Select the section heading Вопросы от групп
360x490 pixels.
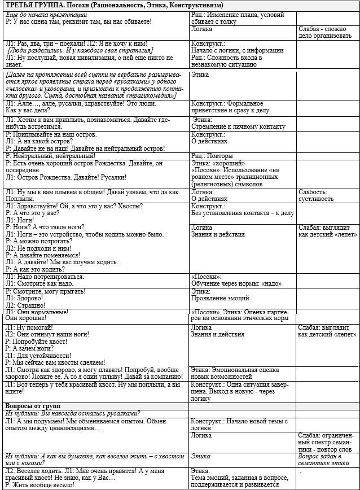pyautogui.click(x=33, y=406)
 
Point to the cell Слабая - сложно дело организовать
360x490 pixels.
pyautogui.click(x=327, y=32)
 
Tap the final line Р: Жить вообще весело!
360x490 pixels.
pyautogui.click(x=43, y=485)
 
